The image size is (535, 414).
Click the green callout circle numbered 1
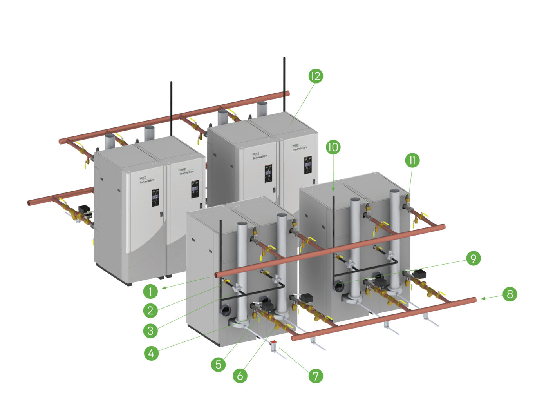click(150, 291)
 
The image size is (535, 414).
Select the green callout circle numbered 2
click(150, 311)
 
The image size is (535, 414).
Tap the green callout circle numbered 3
click(151, 331)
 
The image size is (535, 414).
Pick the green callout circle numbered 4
click(152, 353)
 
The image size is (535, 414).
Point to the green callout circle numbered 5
click(219, 365)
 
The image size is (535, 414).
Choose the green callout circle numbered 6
click(240, 376)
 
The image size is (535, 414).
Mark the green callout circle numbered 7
click(315, 376)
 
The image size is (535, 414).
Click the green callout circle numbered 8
click(510, 294)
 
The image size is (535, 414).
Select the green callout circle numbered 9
click(473, 258)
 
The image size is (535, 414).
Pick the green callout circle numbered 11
click(412, 160)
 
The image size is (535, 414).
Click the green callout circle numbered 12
click(315, 76)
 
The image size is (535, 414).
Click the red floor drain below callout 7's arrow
click(273, 345)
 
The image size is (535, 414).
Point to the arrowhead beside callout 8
click(483, 299)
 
